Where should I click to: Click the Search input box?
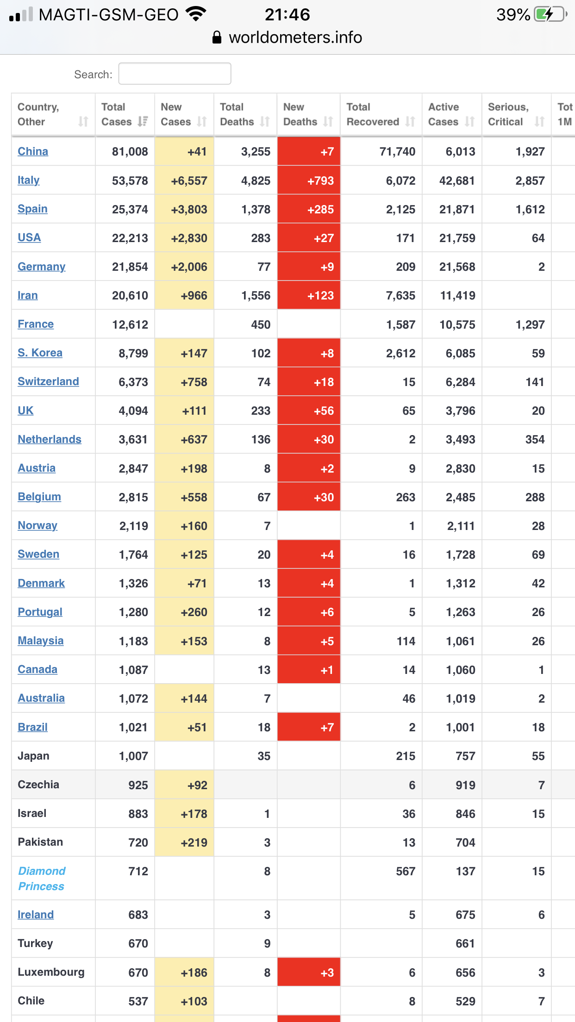click(175, 74)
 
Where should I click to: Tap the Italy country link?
click(29, 180)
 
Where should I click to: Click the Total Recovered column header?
click(373, 114)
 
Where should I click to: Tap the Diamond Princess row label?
click(42, 879)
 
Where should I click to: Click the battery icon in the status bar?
click(550, 14)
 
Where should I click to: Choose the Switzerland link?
click(48, 381)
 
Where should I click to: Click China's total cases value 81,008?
click(130, 151)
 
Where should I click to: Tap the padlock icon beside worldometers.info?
click(217, 37)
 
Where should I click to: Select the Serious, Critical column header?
click(508, 114)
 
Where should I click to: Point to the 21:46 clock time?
click(287, 14)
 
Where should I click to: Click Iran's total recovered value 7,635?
click(400, 295)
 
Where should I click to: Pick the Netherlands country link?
click(50, 439)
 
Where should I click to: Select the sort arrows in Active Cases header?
click(469, 122)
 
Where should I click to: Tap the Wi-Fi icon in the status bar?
click(196, 14)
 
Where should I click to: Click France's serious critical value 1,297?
click(530, 324)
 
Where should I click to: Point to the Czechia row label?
click(38, 785)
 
